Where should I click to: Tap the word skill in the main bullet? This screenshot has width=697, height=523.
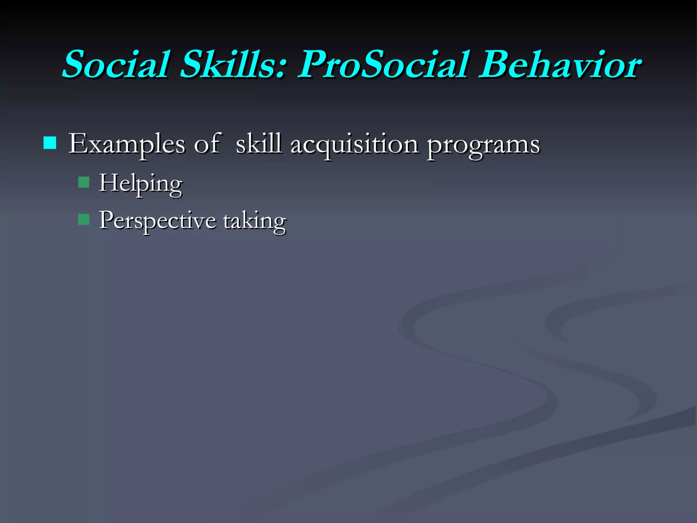[259, 144]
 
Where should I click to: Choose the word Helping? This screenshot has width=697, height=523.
[141, 184]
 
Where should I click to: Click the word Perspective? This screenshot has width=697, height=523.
[158, 221]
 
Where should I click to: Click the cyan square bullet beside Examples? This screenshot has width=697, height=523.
[50, 143]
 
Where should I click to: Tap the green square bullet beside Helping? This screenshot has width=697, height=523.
[83, 182]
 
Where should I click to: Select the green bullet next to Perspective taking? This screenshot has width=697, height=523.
[83, 219]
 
